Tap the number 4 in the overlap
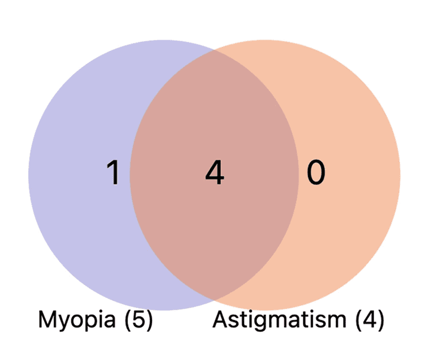pos(215,173)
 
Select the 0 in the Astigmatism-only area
pos(315,173)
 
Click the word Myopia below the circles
pos(75,320)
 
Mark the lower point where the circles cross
pos(214,300)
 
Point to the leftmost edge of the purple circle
pos(29,175)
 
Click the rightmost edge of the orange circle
pos(400,175)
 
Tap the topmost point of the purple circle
pos(164,40)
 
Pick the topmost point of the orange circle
pos(265,40)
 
